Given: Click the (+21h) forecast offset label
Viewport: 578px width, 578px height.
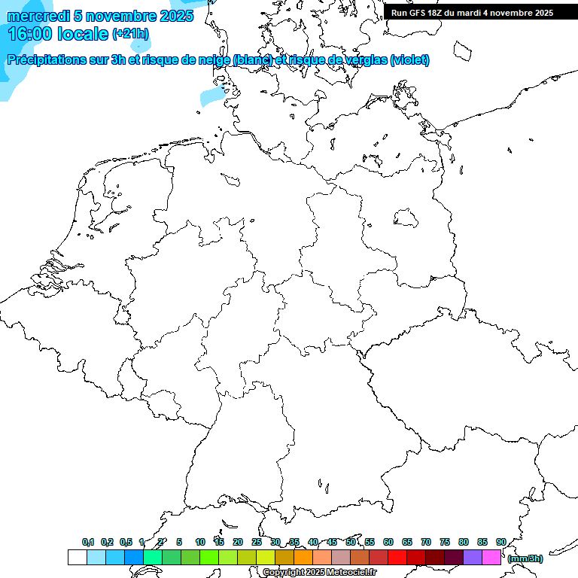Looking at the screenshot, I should [130, 34].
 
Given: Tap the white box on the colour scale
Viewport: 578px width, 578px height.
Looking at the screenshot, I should [77, 557].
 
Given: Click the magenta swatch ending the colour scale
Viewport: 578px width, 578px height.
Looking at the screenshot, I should [491, 557].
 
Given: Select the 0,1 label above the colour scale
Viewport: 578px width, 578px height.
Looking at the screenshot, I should [88, 542].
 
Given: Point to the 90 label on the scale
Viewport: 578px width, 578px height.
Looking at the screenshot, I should [500, 542].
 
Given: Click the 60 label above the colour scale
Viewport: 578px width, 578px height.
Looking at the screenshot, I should [388, 542].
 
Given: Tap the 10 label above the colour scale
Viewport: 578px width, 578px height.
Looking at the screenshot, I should [200, 542].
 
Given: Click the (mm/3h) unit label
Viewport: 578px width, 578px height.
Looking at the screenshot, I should [525, 558].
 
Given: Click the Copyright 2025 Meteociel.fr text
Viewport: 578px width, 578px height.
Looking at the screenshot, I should [319, 572].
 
